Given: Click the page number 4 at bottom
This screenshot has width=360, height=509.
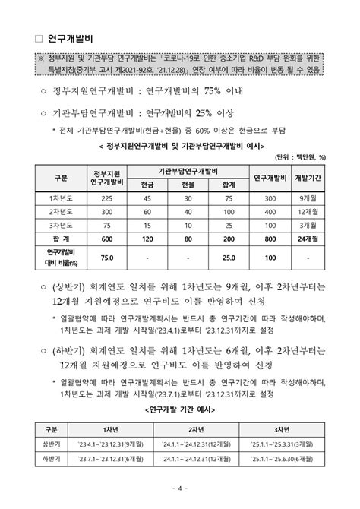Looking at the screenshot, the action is pos(180,488).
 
